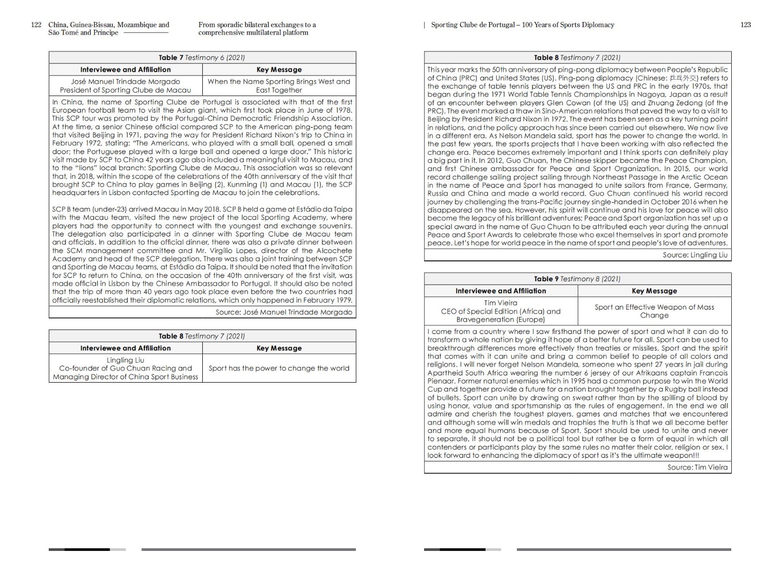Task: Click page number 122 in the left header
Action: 36,25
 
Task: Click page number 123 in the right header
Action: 745,25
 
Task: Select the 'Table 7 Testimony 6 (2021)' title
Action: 202,58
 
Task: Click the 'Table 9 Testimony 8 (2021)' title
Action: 577,279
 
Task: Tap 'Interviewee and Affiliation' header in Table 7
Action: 125,70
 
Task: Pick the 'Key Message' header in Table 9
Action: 654,291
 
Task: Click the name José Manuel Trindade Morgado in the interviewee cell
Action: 125,81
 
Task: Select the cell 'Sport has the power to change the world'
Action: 279,368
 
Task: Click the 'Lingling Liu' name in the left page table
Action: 125,360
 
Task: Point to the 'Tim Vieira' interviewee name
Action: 501,303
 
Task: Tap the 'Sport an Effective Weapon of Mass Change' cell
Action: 654,311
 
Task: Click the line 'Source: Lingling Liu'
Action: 695,255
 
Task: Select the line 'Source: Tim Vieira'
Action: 697,467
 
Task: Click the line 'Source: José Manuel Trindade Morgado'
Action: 284,312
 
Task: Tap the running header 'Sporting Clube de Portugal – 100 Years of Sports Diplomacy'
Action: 523,25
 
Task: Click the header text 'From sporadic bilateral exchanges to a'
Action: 257,25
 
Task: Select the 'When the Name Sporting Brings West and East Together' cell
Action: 279,86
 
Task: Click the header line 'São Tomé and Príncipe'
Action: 83,33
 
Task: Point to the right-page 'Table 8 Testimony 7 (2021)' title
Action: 577,58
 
